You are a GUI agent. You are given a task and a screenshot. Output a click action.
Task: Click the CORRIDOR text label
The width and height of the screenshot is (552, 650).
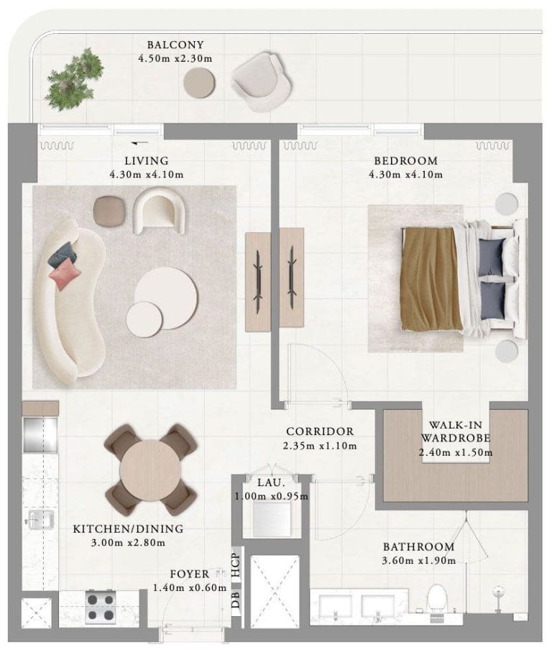[319, 431]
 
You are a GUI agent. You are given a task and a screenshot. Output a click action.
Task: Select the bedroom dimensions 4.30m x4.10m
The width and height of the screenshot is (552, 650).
[405, 174]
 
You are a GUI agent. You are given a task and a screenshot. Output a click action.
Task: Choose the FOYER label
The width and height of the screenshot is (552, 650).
[189, 575]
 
